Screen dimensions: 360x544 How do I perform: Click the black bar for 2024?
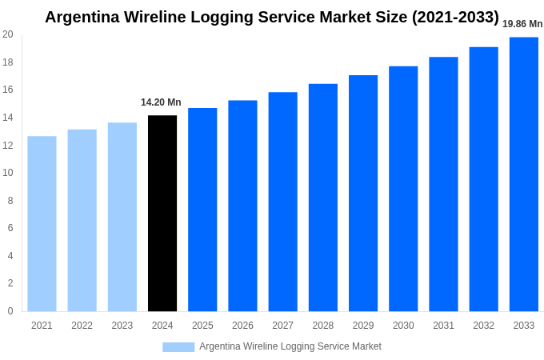click(x=162, y=214)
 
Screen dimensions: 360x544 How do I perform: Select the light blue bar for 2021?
click(x=42, y=224)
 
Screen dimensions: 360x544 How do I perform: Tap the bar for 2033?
click(x=524, y=174)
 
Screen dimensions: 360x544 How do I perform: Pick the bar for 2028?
click(x=323, y=198)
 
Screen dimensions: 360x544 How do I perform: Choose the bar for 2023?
click(x=122, y=217)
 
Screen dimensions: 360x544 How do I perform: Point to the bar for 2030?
click(x=403, y=189)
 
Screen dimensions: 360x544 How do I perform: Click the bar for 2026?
click(x=242, y=206)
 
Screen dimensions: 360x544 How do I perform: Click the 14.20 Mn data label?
click(x=161, y=102)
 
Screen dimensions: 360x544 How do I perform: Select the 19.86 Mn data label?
click(x=522, y=24)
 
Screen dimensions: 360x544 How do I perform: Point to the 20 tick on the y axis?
click(x=8, y=34)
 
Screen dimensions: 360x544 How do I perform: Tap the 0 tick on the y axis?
click(x=10, y=311)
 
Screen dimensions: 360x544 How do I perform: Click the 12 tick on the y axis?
click(x=8, y=146)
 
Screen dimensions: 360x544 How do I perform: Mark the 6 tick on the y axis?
click(x=10, y=228)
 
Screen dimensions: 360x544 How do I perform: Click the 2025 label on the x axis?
click(x=202, y=326)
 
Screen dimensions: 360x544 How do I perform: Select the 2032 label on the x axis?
click(x=483, y=326)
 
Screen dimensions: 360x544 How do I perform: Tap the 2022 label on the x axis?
click(x=82, y=326)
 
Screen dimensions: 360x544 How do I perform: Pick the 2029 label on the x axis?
click(x=363, y=326)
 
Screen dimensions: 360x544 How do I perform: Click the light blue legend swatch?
click(x=178, y=347)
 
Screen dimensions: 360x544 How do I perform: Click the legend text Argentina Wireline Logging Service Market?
click(x=290, y=346)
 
